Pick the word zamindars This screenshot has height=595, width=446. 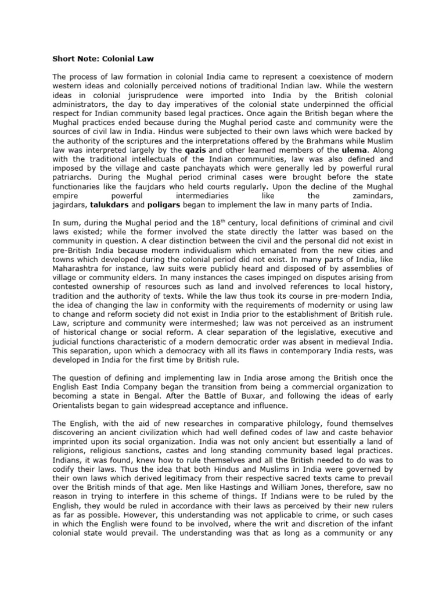(x=369, y=196)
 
